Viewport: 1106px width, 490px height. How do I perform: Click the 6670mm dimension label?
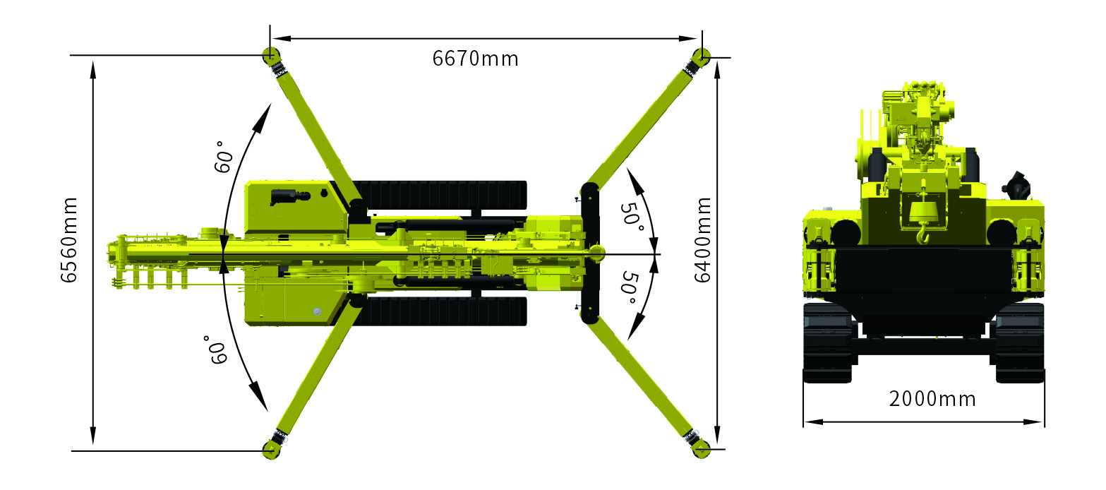click(476, 59)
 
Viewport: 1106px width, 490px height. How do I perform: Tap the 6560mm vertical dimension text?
click(69, 240)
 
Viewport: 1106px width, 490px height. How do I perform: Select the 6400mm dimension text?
click(702, 240)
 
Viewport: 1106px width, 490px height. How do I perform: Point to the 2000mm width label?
click(932, 399)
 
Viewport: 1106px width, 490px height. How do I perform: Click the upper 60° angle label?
click(224, 157)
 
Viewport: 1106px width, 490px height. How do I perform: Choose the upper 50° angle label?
click(632, 217)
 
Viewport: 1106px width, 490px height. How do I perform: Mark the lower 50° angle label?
click(630, 287)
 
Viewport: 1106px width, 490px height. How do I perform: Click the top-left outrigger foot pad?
click(270, 55)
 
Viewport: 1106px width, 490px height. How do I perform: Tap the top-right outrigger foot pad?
click(701, 56)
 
